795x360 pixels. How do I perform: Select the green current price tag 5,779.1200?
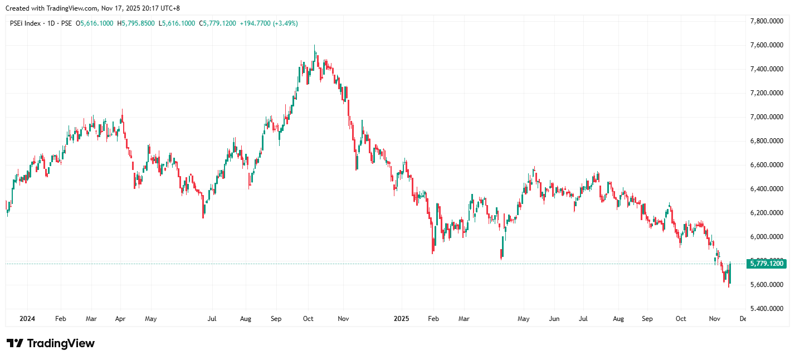[x=767, y=264]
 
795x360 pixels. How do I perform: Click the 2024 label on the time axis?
[x=27, y=319]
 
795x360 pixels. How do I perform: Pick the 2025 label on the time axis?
[x=401, y=319]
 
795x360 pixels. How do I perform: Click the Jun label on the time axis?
[x=554, y=319]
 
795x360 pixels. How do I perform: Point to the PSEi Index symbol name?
[x=26, y=23]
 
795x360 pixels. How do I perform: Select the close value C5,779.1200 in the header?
[x=217, y=23]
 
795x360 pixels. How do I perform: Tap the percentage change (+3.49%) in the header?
[x=285, y=23]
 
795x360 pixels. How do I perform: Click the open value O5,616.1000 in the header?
[x=95, y=23]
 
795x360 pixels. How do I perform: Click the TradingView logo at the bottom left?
[x=50, y=343]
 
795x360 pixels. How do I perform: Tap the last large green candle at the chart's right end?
[x=730, y=273]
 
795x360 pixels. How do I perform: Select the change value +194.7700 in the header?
[x=255, y=23]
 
